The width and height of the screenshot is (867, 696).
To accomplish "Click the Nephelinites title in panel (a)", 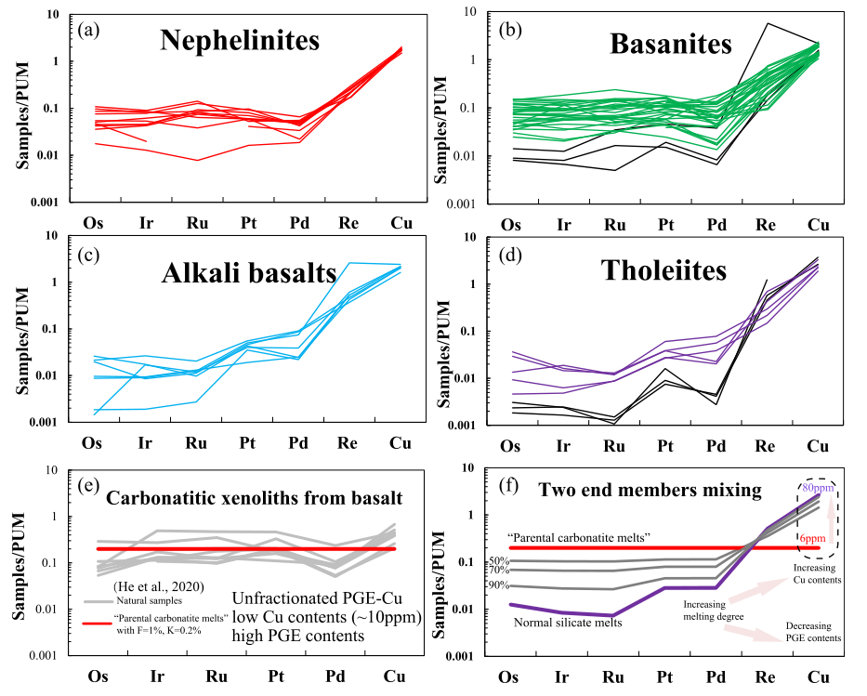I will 240,40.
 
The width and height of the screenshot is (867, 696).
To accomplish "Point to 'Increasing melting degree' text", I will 699,610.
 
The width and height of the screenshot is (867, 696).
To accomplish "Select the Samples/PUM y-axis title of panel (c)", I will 20,329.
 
